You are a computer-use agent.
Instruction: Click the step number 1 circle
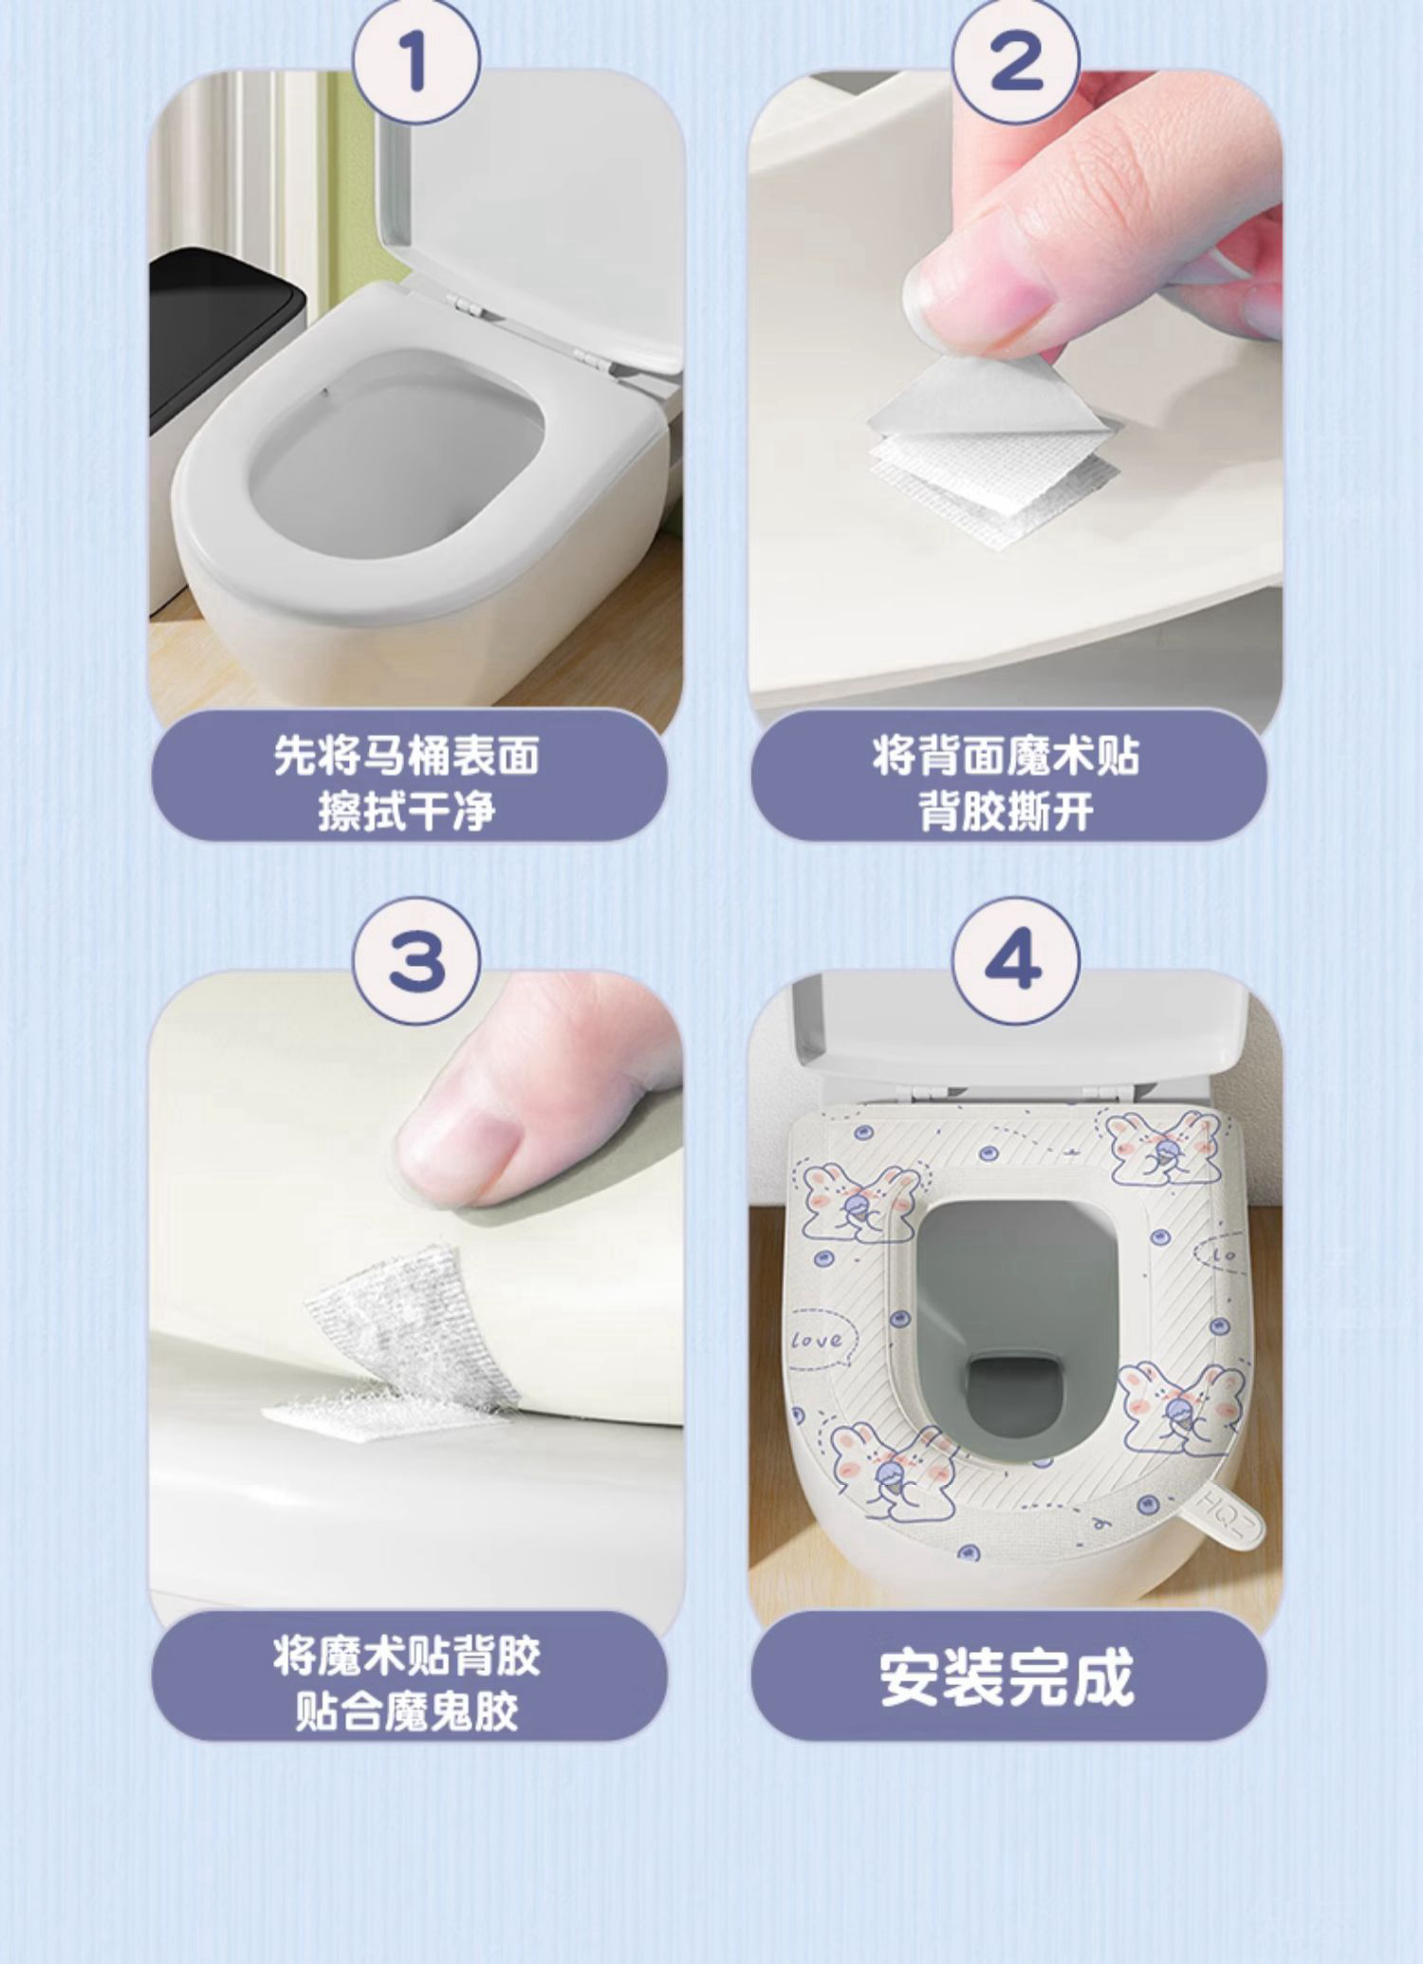tap(416, 62)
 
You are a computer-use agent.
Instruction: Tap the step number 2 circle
tap(1015, 62)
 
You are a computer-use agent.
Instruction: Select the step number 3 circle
tap(416, 960)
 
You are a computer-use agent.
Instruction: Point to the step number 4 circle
tap(1015, 960)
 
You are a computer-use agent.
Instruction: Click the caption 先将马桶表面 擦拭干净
tap(407, 783)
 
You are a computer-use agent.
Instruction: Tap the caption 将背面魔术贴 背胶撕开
tap(1007, 783)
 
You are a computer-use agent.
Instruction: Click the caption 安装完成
tap(1007, 1678)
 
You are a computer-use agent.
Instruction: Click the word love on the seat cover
tap(817, 1340)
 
